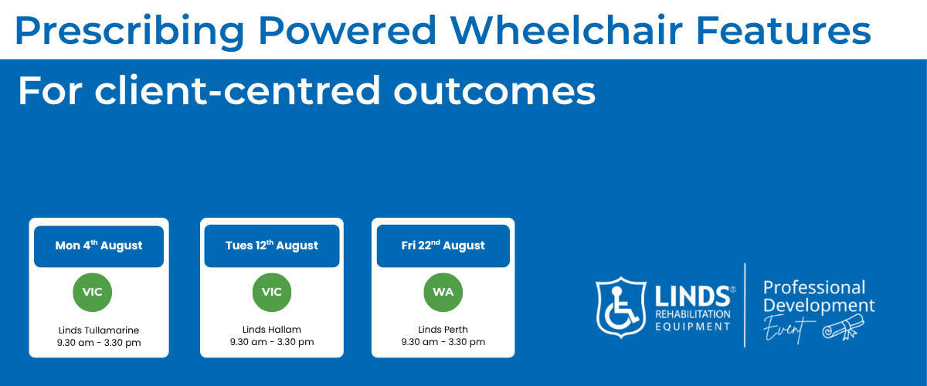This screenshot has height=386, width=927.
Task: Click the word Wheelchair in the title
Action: coord(566,30)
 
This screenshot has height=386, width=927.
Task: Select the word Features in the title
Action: coord(783,30)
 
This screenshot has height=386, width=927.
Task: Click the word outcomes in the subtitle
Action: coord(494,90)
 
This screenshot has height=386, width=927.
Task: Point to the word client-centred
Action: coord(237,90)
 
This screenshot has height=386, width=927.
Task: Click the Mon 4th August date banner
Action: coord(99,246)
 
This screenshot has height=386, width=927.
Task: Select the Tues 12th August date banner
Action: coord(272,245)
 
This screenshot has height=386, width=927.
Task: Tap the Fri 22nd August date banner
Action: coord(443,245)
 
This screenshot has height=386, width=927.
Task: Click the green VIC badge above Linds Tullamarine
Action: coord(92,292)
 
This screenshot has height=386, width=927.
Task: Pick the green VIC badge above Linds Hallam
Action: coord(272,292)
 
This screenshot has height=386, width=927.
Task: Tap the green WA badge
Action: coord(443,292)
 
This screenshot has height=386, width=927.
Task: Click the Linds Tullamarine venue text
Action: coord(99,330)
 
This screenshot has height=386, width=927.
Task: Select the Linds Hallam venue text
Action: coord(272,330)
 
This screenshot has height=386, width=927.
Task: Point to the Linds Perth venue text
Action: coord(443,330)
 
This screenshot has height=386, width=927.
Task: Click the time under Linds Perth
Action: coord(443,342)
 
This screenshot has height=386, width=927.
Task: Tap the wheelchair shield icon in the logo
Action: coord(621,307)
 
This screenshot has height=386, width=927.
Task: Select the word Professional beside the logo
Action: coord(814,287)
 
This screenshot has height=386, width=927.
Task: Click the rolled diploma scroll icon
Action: coord(843,327)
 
